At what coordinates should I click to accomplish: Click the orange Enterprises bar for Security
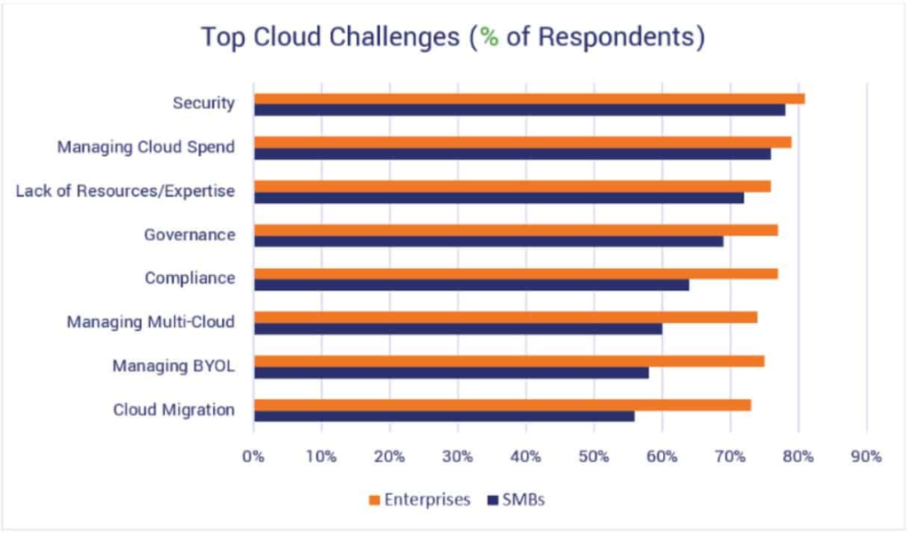[529, 98]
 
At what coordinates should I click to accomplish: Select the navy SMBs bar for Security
[519, 110]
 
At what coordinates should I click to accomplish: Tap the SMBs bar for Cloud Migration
[444, 416]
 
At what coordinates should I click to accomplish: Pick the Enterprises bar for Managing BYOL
[509, 361]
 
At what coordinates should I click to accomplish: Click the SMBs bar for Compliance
[471, 285]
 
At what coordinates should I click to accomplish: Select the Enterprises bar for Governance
[516, 230]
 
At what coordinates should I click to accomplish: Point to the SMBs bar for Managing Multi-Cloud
[458, 328]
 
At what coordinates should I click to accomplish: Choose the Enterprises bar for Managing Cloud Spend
[522, 142]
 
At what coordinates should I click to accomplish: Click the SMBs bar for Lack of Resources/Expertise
[499, 197]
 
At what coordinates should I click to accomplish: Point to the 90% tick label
[866, 457]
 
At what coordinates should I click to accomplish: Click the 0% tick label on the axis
[253, 457]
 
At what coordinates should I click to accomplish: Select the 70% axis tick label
[730, 457]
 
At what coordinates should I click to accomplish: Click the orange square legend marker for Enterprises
[375, 500]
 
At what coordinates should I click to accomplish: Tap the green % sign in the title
[487, 37]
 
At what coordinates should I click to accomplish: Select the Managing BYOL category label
[173, 365]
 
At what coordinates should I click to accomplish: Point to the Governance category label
[189, 235]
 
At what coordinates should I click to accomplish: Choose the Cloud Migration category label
[174, 409]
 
